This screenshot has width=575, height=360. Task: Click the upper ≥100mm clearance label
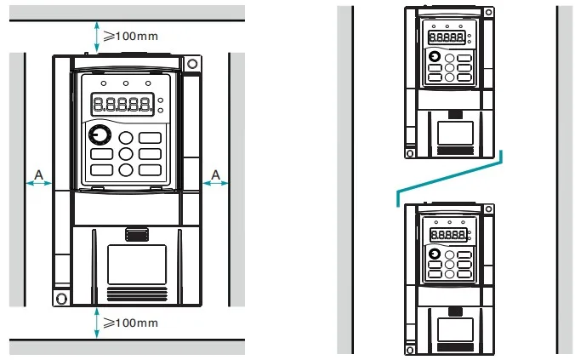click(130, 36)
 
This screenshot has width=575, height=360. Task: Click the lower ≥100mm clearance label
click(130, 323)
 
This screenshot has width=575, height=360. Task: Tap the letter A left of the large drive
click(38, 174)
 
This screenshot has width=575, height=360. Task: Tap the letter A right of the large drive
click(216, 174)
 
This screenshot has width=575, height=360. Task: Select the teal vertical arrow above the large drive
click(96, 37)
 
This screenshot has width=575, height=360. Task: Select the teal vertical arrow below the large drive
click(96, 323)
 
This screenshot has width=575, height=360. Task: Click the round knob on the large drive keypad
click(100, 134)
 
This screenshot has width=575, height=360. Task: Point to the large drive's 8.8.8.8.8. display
click(122, 104)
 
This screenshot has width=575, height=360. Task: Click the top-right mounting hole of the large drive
click(192, 64)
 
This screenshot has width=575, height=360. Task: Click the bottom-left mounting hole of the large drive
click(61, 299)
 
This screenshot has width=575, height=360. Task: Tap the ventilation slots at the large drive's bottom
click(137, 294)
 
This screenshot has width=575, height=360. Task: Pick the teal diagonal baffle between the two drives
click(450, 179)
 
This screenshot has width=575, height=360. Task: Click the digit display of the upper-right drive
click(447, 37)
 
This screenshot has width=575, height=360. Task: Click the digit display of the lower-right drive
click(448, 234)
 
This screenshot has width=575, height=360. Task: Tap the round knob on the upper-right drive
click(435, 56)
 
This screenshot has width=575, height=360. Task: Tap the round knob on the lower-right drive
click(435, 254)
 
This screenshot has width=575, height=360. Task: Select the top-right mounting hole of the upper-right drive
click(488, 12)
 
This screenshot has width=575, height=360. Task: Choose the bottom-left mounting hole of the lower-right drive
click(410, 351)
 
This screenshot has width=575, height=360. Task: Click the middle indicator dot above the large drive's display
click(126, 83)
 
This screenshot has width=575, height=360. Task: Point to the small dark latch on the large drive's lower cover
click(137, 235)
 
